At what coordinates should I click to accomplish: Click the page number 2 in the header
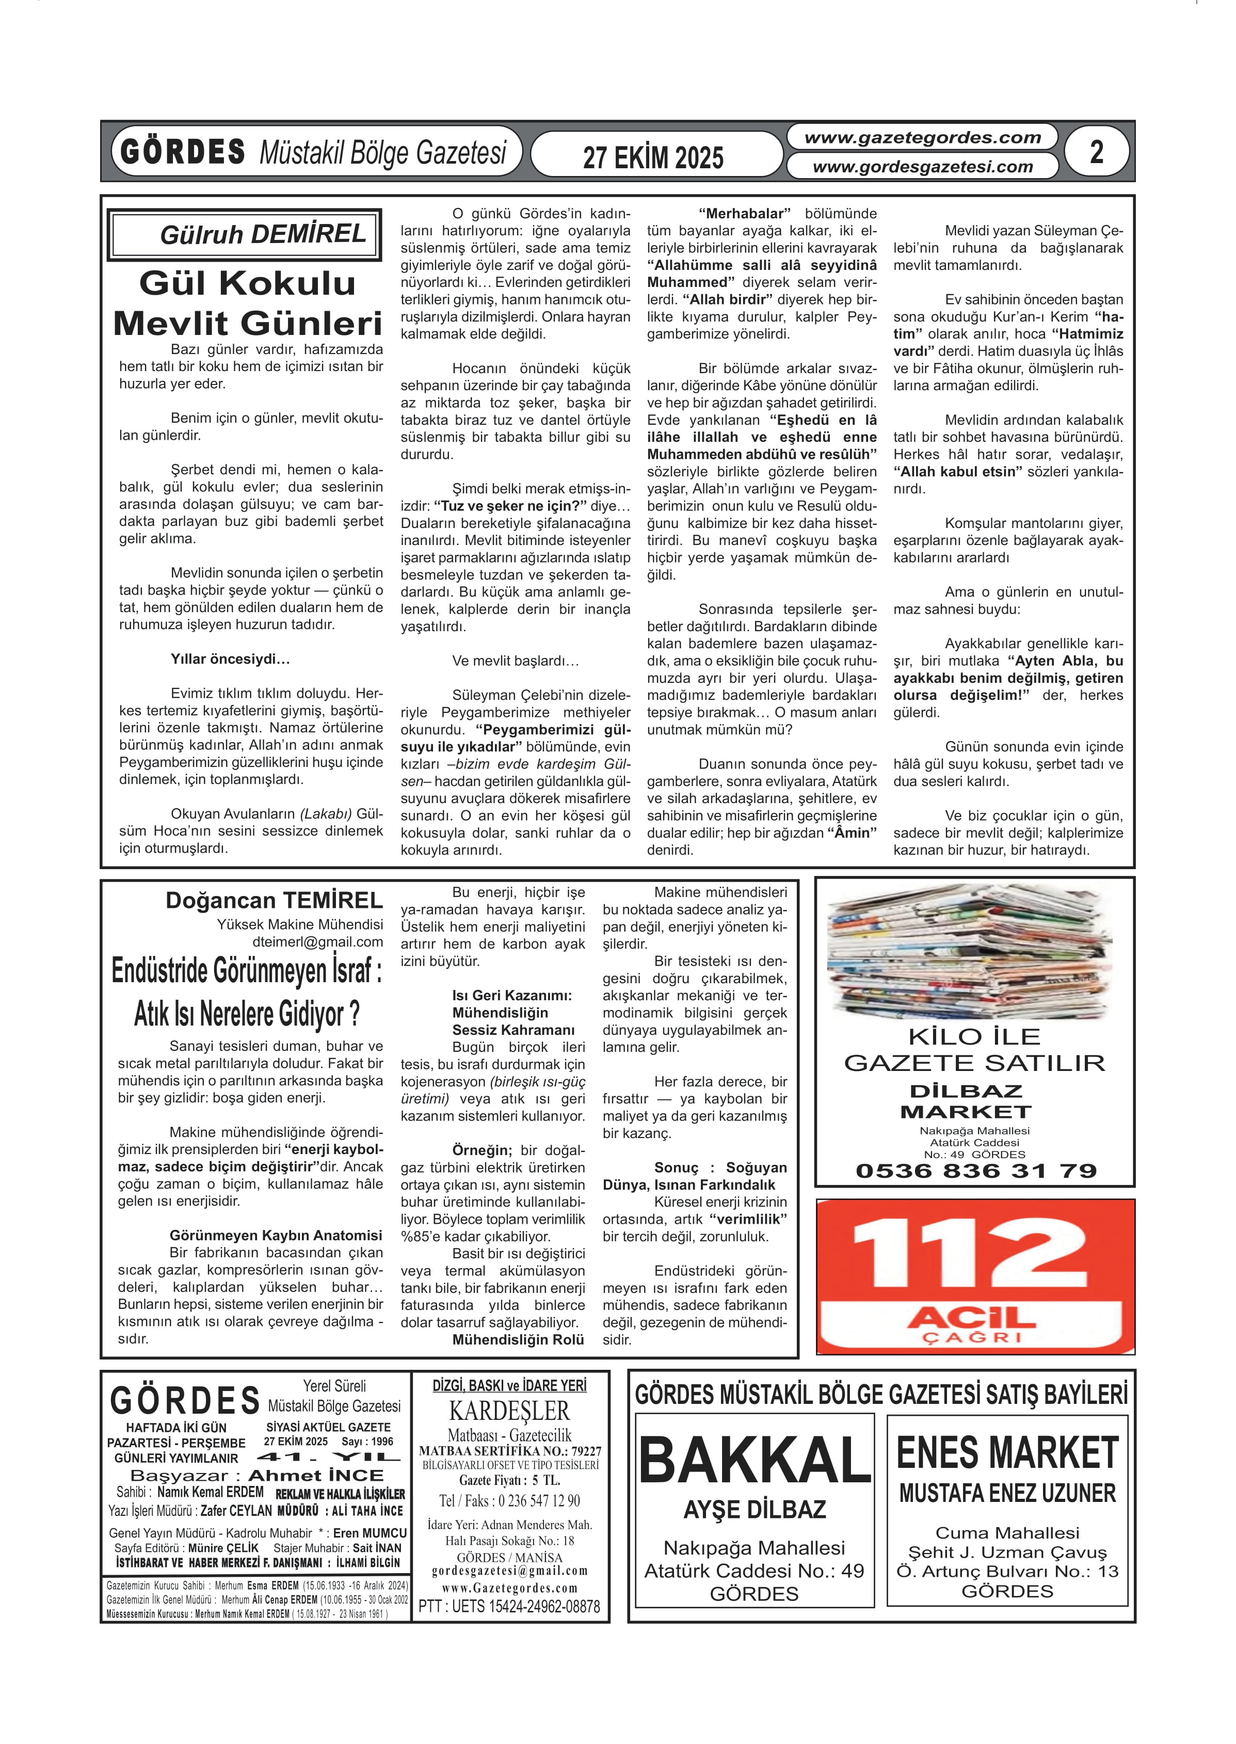1096,152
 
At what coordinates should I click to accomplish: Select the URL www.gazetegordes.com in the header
922,138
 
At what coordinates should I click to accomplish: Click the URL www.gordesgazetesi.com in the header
922,166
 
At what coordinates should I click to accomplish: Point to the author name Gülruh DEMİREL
263,234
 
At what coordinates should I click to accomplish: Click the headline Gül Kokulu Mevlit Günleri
247,303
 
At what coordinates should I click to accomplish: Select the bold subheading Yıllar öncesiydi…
230,659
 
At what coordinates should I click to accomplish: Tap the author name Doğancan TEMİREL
274,901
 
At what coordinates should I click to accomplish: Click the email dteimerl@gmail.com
317,941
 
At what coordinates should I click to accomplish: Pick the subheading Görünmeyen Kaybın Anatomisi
276,1236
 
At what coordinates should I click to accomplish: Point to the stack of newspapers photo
970,952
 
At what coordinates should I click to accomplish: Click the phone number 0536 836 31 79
975,1171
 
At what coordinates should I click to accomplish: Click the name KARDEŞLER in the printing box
509,1411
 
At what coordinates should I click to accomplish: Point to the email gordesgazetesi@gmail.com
509,1571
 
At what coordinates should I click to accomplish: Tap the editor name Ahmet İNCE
316,1476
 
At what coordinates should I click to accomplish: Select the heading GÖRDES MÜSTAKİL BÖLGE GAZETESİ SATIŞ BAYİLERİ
880,1395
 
